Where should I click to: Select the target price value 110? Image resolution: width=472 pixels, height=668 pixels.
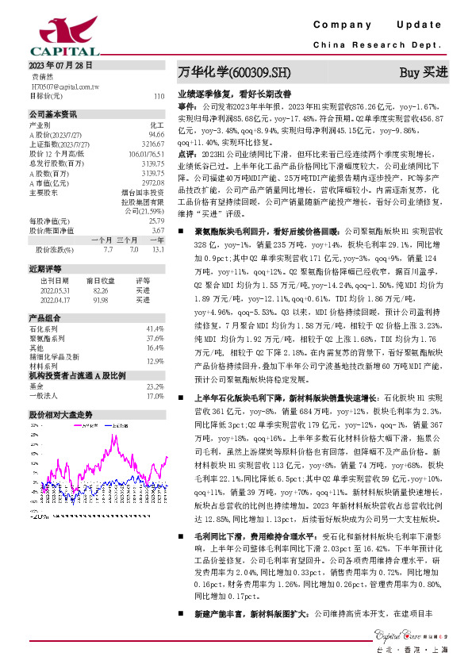coord(159,95)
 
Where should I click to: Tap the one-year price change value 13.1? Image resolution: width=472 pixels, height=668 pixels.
coord(158,250)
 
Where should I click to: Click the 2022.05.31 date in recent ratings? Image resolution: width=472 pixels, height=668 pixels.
coord(55,291)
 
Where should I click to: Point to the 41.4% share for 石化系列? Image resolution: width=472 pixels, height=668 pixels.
coord(155,328)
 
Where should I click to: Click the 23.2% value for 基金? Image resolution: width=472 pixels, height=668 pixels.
coord(155,386)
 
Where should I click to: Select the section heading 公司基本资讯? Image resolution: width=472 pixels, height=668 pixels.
coord(53,113)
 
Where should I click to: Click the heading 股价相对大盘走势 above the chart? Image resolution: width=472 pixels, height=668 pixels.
coord(61,414)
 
